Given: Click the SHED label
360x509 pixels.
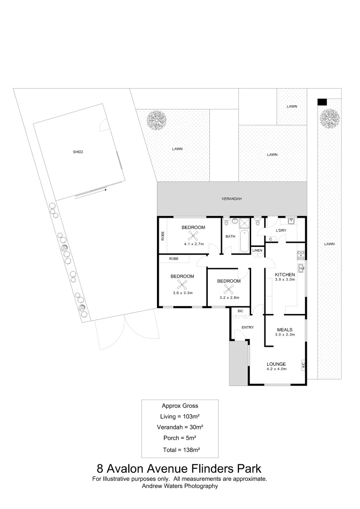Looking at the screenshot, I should coord(78,152).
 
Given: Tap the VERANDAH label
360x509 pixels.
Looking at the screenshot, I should coord(231,199).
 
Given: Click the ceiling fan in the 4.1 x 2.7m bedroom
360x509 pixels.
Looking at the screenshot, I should coord(192,236).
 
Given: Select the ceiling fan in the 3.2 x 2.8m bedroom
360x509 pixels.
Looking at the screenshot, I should coord(229,289).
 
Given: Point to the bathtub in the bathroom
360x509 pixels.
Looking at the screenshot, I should coord(244,241).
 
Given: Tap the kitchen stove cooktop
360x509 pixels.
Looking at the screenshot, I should coord(300,256).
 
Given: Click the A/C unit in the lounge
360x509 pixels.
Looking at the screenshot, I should coord(303,365).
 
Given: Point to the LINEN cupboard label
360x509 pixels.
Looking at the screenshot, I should coord(257,250).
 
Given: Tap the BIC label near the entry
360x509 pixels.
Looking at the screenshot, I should coord(240,311).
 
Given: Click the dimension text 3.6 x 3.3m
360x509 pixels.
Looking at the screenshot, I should coord(182,293).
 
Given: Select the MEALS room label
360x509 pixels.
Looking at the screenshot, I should coord(285,329).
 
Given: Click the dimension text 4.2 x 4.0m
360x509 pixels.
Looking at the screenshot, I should coord(276,369).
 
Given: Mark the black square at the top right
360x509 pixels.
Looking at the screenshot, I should coord(322,102).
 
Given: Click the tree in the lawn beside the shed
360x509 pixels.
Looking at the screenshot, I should coord(156,120).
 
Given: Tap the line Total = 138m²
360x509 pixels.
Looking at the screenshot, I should coord(180,450).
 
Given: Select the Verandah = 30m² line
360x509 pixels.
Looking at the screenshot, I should coord(180,427).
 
